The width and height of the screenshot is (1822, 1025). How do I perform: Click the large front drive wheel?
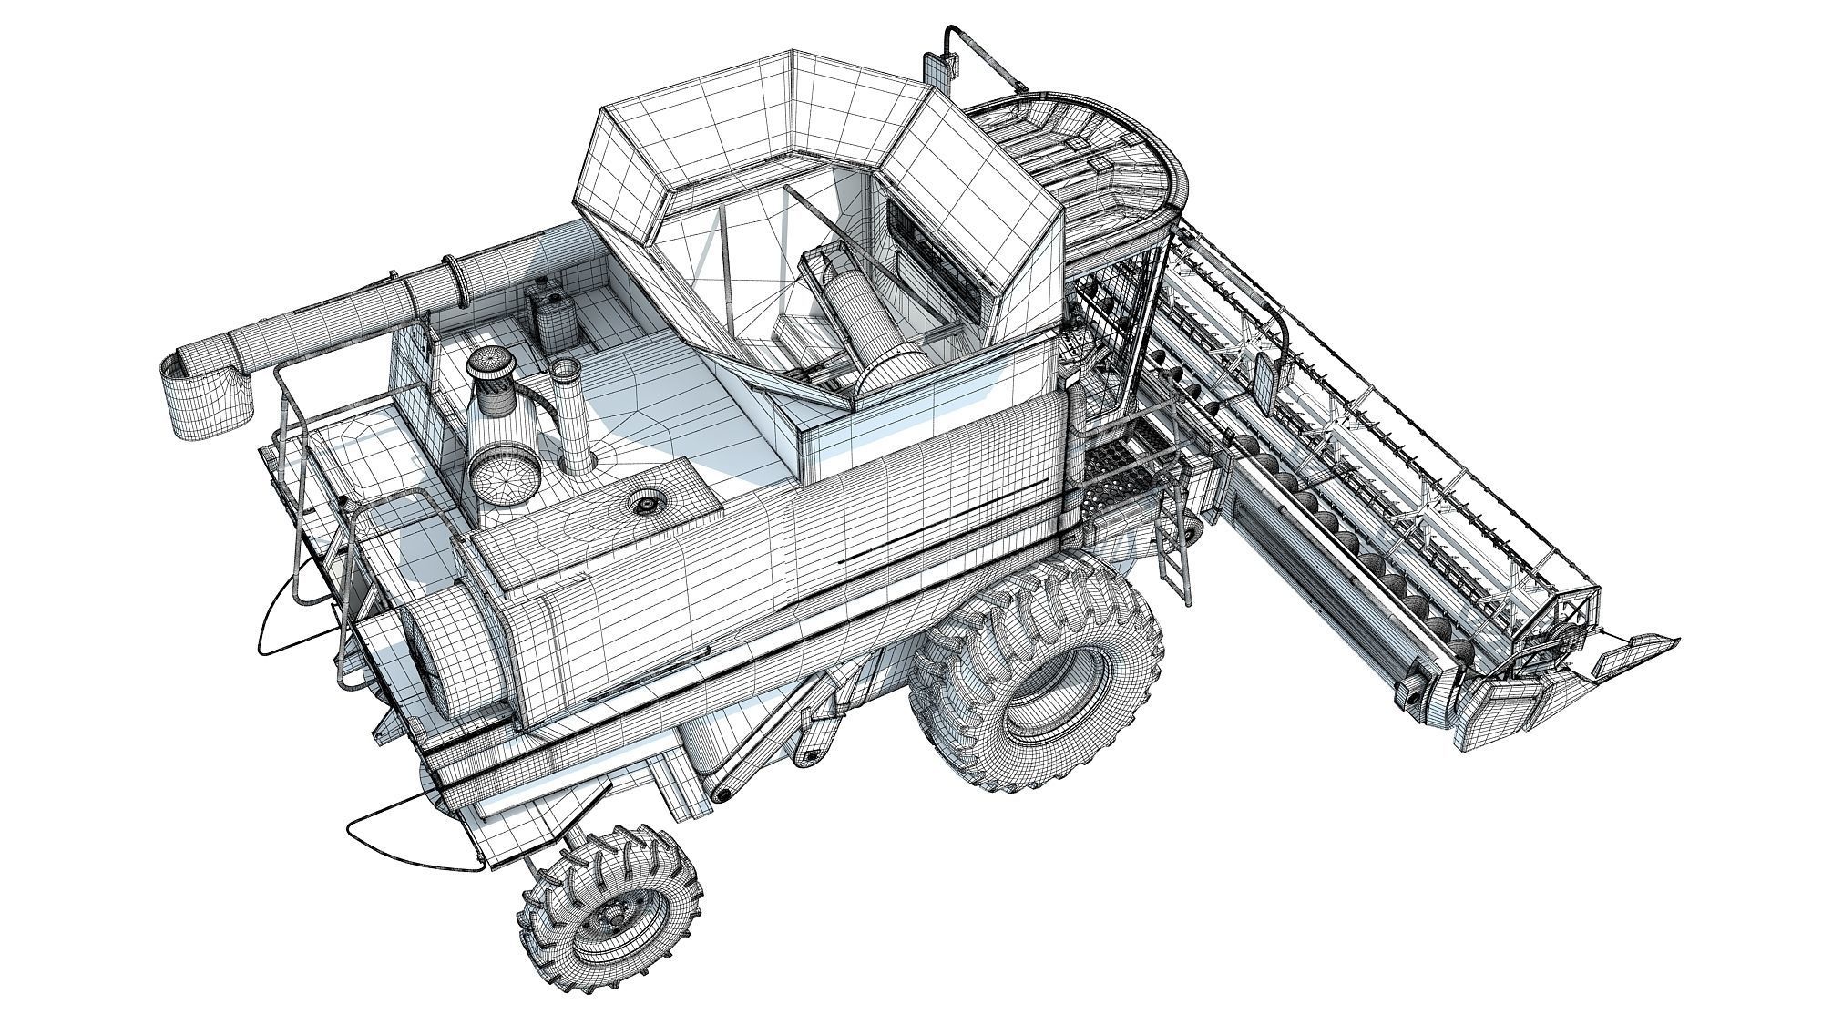[x=1039, y=674]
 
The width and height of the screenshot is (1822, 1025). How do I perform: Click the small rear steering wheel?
[x=610, y=907]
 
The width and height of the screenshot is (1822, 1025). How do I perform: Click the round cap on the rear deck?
[x=648, y=502]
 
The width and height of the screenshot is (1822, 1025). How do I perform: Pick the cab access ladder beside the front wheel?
[x=1175, y=547]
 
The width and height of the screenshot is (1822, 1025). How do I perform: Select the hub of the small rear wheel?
[x=615, y=911]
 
